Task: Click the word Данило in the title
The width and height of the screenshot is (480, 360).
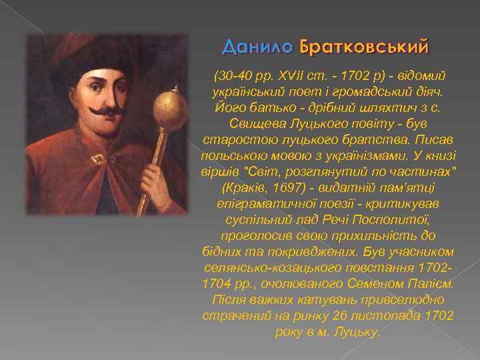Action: pos(257,47)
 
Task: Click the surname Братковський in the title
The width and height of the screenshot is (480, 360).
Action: pos(364,47)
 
